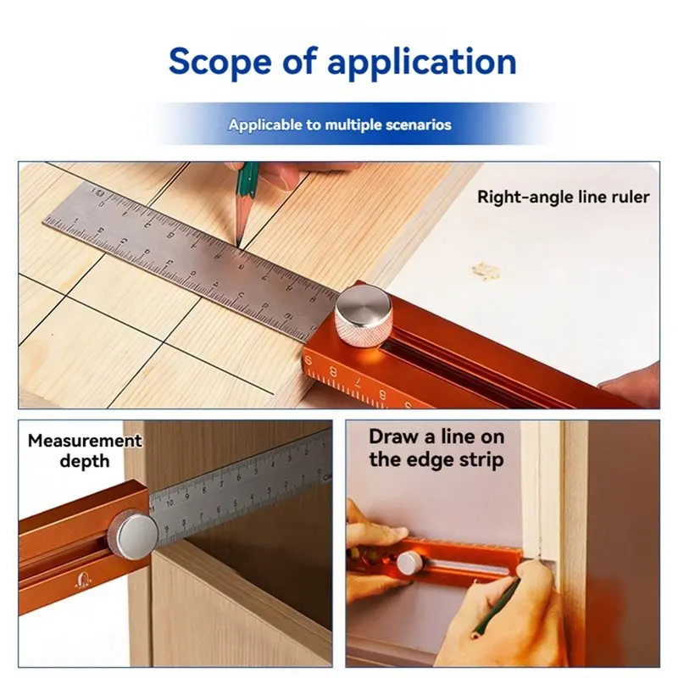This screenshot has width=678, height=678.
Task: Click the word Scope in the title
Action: (220, 61)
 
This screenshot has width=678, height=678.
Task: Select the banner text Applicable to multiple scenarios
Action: (340, 125)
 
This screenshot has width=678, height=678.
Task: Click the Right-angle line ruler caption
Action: (564, 197)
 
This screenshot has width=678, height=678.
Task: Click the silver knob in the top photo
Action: (364, 317)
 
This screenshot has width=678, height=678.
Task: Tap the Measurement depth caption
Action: (85, 451)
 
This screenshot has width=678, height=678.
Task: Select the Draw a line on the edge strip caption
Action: (436, 448)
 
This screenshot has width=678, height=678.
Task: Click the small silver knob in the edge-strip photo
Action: (409, 563)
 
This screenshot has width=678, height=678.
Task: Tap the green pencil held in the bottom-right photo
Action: (497, 609)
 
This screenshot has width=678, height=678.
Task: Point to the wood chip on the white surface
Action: (486, 270)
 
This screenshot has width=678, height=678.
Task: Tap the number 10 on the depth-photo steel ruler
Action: (169, 503)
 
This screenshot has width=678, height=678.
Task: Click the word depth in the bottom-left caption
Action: (85, 461)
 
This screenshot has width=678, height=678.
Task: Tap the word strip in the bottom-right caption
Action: (481, 459)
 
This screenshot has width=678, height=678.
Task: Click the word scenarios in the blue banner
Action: (418, 125)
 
